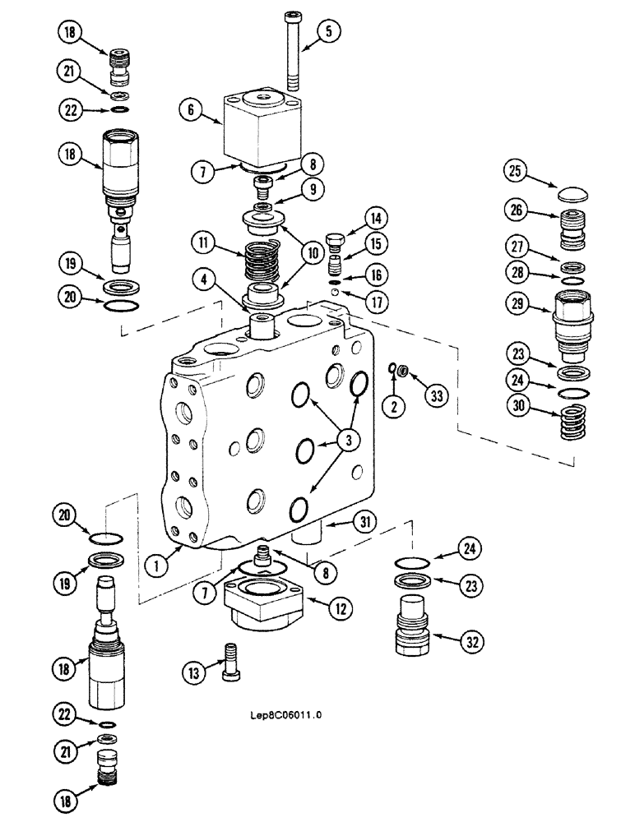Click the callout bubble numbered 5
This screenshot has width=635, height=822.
pos(327,33)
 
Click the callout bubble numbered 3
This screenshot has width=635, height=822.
pos(349,441)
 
